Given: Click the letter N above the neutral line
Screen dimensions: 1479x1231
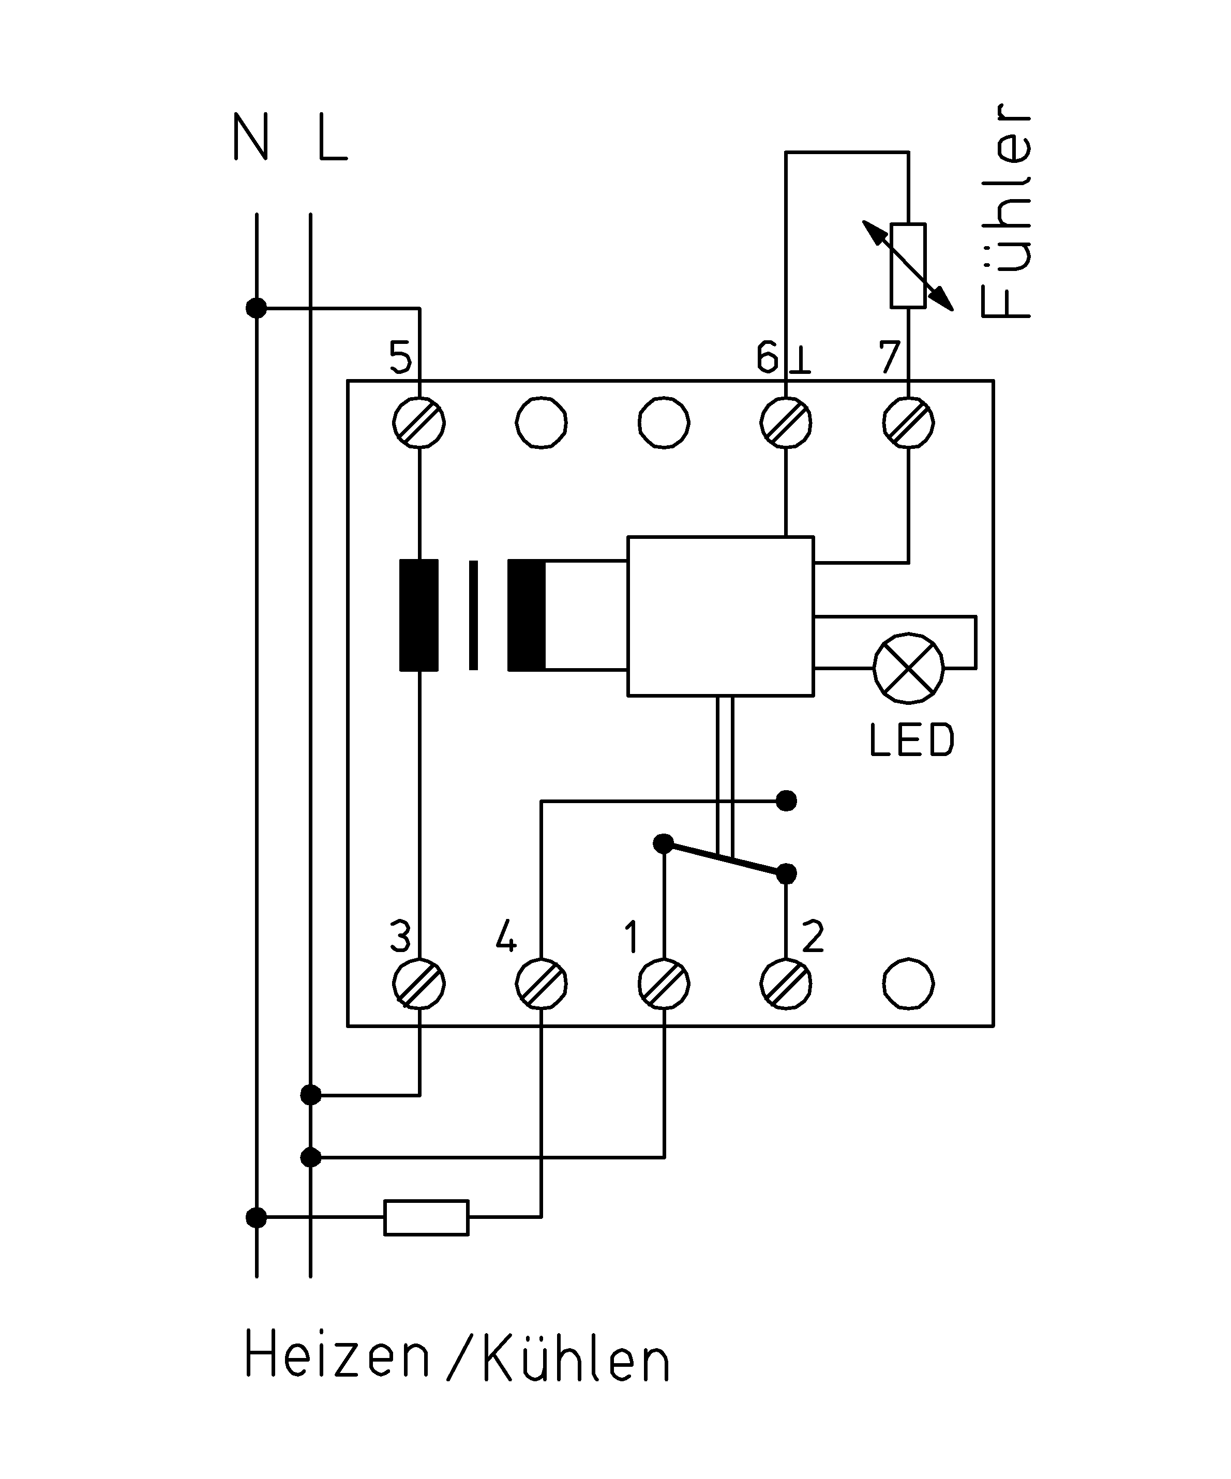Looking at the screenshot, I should coord(251,138).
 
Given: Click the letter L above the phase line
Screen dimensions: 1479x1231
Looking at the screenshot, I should coord(332,138).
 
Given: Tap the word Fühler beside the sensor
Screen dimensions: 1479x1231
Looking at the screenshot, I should coord(1005,212).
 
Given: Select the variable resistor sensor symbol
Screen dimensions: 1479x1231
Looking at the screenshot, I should coord(908,265).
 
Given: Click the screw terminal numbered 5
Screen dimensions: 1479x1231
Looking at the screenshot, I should coord(419,422).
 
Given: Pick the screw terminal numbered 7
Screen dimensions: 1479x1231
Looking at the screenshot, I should coord(908,422).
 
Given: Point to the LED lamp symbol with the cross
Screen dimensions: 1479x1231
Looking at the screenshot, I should coord(908,668).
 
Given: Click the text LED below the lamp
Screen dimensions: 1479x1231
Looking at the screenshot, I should coord(912,740).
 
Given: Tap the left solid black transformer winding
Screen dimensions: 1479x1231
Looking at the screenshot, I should coord(419,615).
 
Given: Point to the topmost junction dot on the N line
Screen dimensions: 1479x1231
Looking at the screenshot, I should coord(257,308).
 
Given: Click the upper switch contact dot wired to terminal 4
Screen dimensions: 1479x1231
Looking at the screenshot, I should coord(786,801).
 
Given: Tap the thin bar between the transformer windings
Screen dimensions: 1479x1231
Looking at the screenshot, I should coord(473,615).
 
